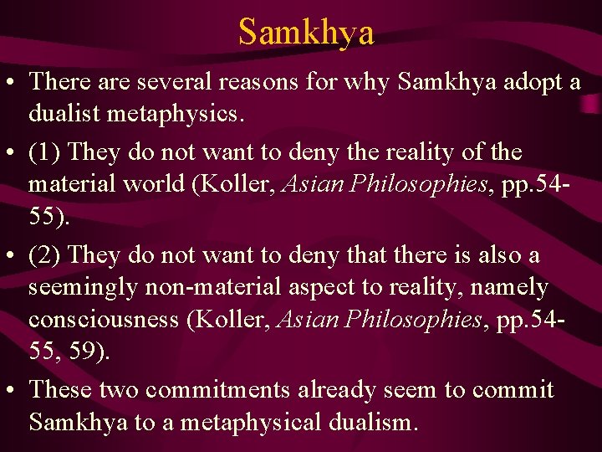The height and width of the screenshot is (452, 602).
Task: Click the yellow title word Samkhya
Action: point(305,32)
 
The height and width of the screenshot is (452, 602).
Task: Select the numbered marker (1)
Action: point(46,153)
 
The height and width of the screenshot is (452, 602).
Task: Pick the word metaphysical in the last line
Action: point(250,422)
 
